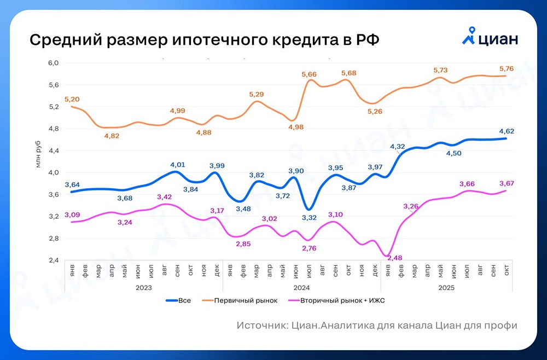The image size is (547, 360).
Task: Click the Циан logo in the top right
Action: tap(490, 38)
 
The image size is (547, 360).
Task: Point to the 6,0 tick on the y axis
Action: tap(53, 63)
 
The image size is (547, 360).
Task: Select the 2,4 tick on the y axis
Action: tap(53, 260)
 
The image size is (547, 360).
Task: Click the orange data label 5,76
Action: tap(506, 68)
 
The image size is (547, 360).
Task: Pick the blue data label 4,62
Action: tap(506, 131)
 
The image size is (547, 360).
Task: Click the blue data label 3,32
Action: tap(310, 218)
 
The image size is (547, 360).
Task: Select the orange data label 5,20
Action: tap(72, 99)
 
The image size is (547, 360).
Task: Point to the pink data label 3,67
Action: tap(506, 183)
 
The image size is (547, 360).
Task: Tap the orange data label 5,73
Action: tap(440, 70)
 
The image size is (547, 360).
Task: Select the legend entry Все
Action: tap(184, 301)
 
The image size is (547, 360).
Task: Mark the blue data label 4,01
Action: tap(177, 164)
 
